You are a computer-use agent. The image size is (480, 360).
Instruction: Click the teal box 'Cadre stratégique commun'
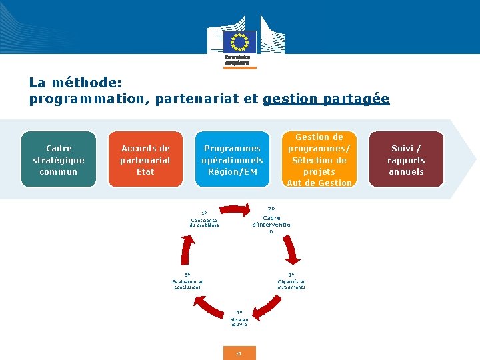pos(59,160)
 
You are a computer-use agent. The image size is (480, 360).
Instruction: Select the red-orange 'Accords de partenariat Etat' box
pos(145,160)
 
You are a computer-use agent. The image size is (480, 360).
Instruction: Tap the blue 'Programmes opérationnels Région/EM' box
pos(232,160)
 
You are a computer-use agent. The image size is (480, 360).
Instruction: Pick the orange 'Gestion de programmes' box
pos(319,160)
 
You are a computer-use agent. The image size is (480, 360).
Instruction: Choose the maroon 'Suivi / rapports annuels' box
pos(407,160)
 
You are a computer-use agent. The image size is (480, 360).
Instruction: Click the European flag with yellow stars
pos(239,41)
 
